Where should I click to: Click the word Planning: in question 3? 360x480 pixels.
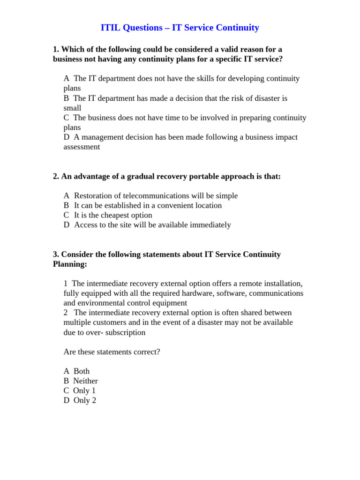(x=70, y=264)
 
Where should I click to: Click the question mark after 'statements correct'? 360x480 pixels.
(x=158, y=352)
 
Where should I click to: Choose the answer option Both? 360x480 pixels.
(x=82, y=371)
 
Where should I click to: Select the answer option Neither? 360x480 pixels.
(x=85, y=381)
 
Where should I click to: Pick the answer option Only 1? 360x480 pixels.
(x=84, y=390)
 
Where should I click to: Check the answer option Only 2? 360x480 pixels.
(x=85, y=400)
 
